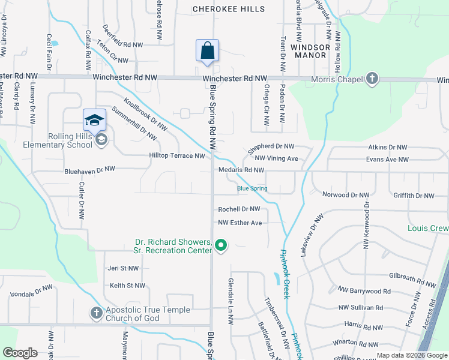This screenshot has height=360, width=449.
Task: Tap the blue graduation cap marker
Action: pos(94,120)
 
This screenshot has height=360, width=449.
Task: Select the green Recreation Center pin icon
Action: pos(221,245)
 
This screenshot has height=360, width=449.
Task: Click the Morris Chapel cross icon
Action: pos(372,79)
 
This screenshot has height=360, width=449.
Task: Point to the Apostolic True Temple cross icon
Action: pos(96,313)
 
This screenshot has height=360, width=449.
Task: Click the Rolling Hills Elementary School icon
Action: pos(101,140)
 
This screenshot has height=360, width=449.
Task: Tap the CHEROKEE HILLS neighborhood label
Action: pos(228,9)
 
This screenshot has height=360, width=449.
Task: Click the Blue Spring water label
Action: pos(252,188)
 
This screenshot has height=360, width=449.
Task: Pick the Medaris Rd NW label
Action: pos(241,170)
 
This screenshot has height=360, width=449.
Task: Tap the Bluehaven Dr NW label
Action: pos(90,170)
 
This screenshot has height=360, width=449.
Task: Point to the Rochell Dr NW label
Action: pos(239,209)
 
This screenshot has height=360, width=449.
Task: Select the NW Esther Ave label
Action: pos(240,223)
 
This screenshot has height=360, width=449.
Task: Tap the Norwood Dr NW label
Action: pos(345,195)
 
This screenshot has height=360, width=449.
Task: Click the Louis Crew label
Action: pos(428,229)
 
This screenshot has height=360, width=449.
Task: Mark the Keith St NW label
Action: pos(127,286)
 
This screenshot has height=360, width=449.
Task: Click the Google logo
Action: pos(20,353)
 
